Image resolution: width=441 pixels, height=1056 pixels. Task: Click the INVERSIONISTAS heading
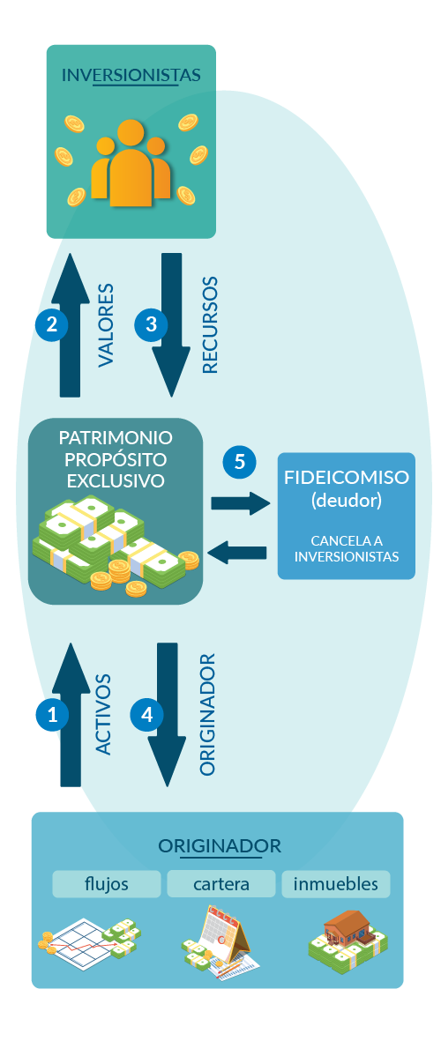pyautogui.click(x=131, y=75)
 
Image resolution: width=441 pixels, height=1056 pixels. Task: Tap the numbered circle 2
pyautogui.click(x=52, y=323)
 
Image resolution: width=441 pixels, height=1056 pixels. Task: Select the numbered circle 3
pyautogui.click(x=151, y=323)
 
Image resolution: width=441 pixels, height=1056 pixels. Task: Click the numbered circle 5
pyautogui.click(x=239, y=462)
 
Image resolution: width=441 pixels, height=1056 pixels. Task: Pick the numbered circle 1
pyautogui.click(x=52, y=715)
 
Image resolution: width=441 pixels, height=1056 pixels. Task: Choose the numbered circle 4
pyautogui.click(x=147, y=715)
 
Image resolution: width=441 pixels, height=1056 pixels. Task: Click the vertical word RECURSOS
pyautogui.click(x=210, y=324)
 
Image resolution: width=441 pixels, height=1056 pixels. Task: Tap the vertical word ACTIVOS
pyautogui.click(x=102, y=715)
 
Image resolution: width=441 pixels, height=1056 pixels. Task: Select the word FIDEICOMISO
pyautogui.click(x=347, y=478)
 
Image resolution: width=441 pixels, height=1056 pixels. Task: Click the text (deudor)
pyautogui.click(x=346, y=501)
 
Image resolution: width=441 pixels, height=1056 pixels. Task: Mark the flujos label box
pyautogui.click(x=107, y=883)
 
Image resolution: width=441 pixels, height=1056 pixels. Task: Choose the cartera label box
pyautogui.click(x=221, y=883)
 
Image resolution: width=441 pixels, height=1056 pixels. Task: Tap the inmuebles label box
pyautogui.click(x=336, y=883)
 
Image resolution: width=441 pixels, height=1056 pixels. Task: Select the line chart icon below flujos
pyautogui.click(x=89, y=941)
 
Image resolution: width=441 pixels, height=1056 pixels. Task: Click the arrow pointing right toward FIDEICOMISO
pyautogui.click(x=240, y=503)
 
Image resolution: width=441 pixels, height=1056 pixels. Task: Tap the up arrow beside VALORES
pyautogui.click(x=71, y=325)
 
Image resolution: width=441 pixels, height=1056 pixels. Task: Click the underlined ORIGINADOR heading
pyautogui.click(x=220, y=846)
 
